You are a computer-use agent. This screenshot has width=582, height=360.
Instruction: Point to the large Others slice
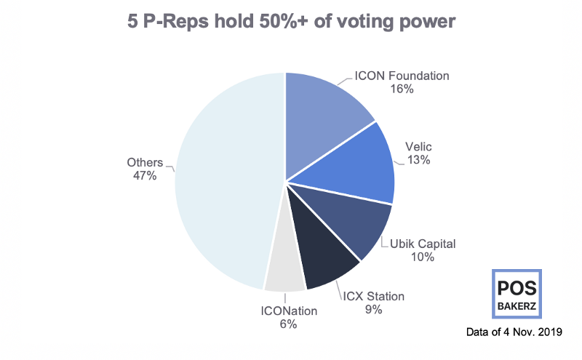point(226,182)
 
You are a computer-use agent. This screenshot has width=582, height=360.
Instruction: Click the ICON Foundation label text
point(402,76)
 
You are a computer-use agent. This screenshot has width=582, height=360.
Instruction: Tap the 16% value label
point(402,89)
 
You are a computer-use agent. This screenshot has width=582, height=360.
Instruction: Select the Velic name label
point(418,147)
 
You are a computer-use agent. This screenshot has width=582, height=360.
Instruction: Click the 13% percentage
point(419,160)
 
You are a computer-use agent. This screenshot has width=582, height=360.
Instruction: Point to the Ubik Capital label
point(423,244)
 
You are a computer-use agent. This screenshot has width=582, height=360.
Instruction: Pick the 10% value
point(423,257)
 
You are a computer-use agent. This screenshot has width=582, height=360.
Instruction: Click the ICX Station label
point(373,297)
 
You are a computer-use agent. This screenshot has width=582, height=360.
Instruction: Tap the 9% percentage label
point(373,310)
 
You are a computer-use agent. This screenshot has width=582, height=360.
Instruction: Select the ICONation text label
point(289,311)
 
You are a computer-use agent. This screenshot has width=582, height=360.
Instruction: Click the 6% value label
point(288,324)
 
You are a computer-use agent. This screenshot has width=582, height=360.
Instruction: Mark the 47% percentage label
point(145,175)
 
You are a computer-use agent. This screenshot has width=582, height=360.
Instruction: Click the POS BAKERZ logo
point(517,294)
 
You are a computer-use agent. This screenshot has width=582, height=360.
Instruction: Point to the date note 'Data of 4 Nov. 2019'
point(514,332)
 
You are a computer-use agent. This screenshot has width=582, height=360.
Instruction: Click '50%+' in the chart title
point(284,21)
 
